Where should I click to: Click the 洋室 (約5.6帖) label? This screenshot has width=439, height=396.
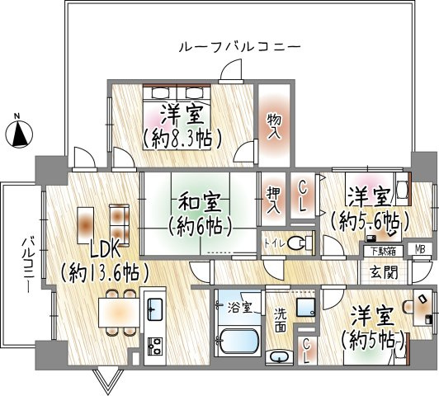pos(368,209)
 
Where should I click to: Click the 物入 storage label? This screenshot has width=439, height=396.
pos(273,125)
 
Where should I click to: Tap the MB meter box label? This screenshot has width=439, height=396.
pos(420,250)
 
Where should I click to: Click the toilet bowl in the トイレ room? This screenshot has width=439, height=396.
pos(303,243)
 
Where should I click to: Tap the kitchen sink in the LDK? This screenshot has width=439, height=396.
pos(154,310)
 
